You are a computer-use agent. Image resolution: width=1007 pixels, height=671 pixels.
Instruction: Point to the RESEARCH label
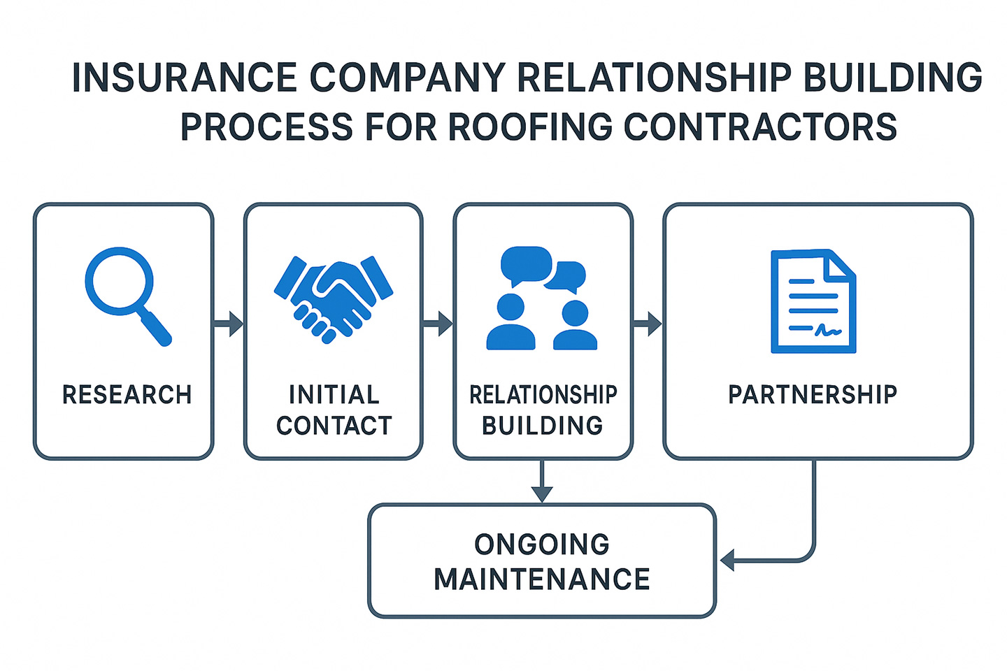coord(127,395)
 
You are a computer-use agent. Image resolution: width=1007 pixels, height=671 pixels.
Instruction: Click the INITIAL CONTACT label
coord(334,410)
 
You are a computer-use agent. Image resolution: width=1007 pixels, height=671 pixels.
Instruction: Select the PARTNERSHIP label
coord(813,395)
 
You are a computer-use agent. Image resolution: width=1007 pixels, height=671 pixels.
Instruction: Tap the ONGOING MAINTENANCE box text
coord(542,562)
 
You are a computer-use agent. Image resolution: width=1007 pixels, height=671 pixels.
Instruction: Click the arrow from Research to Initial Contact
coord(229,324)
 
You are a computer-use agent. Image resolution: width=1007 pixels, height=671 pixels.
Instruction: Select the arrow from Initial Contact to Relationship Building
coord(438,324)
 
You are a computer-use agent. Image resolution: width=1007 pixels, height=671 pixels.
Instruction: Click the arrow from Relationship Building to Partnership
coord(648,324)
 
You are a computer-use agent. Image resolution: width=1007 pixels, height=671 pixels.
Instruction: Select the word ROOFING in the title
coord(530,127)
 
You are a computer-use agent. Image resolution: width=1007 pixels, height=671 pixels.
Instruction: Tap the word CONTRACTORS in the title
coord(760,127)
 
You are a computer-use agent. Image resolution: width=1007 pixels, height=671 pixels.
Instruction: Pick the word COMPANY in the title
coord(407,78)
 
